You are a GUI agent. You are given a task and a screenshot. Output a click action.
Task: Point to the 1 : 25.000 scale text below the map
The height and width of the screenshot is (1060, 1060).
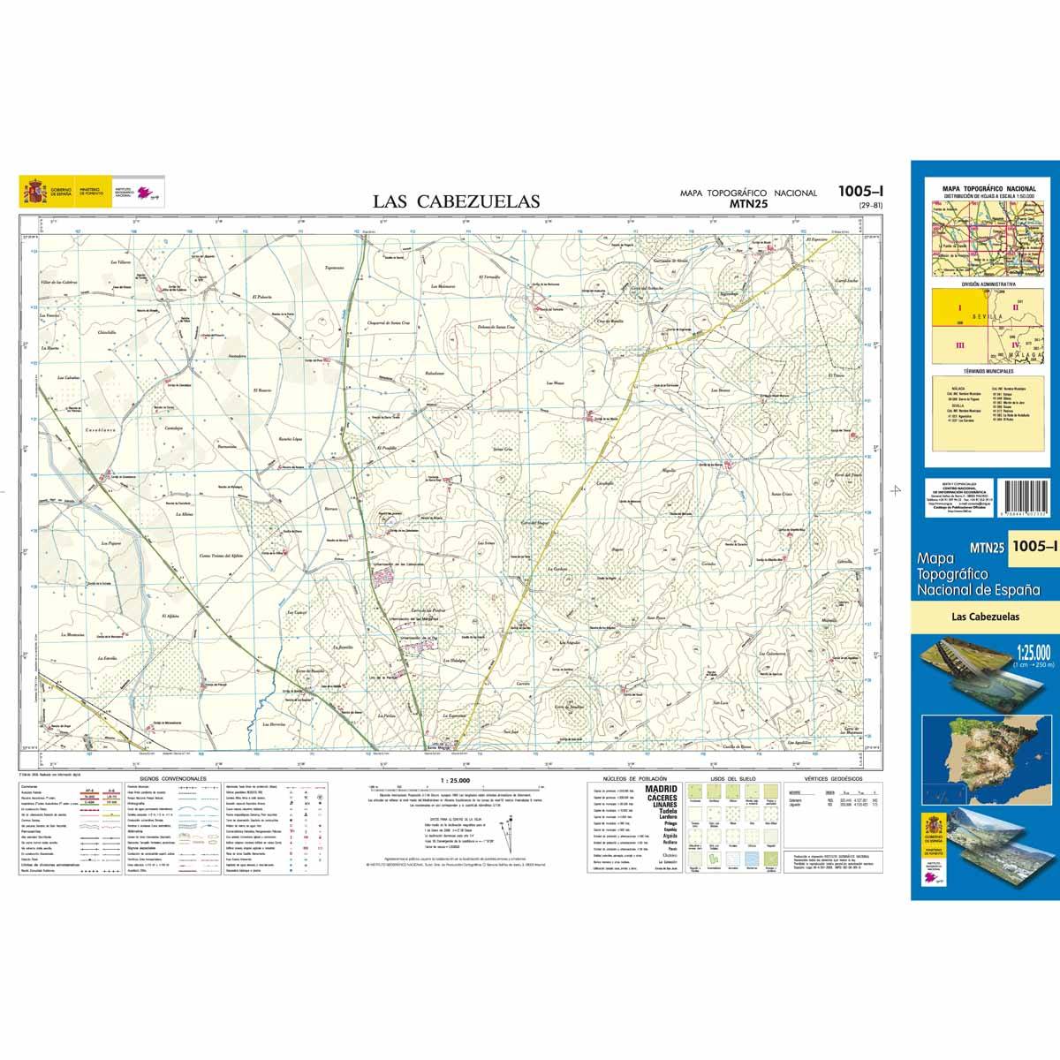[454, 780]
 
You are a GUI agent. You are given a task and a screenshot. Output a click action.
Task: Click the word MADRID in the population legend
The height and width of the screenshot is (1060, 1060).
[662, 789]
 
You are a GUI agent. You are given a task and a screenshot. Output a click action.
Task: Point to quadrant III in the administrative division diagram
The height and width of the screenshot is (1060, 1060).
[958, 344]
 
